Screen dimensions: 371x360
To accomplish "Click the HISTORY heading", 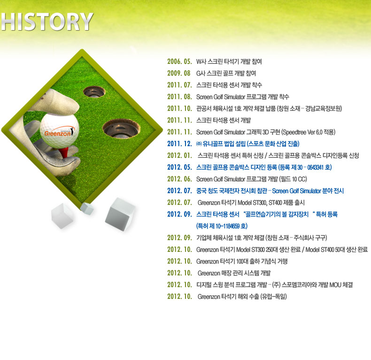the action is (x=47, y=22).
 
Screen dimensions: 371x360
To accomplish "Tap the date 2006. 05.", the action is (x=179, y=62).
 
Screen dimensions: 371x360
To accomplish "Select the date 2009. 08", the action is (x=178, y=73).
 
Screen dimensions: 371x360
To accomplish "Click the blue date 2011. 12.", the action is (x=179, y=144).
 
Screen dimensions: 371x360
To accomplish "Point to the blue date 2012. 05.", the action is (x=179, y=167).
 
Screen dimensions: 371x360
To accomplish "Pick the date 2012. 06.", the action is (x=179, y=179).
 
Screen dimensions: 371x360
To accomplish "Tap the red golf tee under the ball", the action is (x=64, y=152).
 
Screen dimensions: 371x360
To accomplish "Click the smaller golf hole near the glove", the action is (x=94, y=92).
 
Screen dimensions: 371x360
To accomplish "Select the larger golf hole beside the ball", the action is (x=121, y=129).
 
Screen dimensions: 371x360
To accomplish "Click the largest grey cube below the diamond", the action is (x=120, y=214).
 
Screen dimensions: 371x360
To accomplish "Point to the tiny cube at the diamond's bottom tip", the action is (x=86, y=208).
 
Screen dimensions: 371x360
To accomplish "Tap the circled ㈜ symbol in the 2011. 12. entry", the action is (x=199, y=144).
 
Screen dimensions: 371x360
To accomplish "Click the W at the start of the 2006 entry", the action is (x=199, y=62).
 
